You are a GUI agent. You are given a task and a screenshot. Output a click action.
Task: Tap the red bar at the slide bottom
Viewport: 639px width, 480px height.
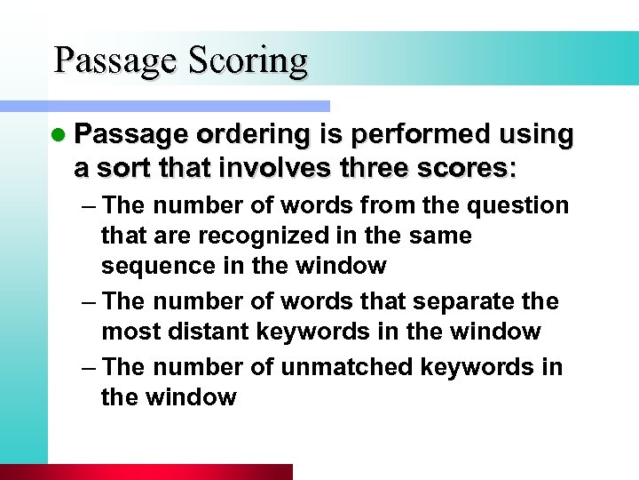(146, 472)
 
